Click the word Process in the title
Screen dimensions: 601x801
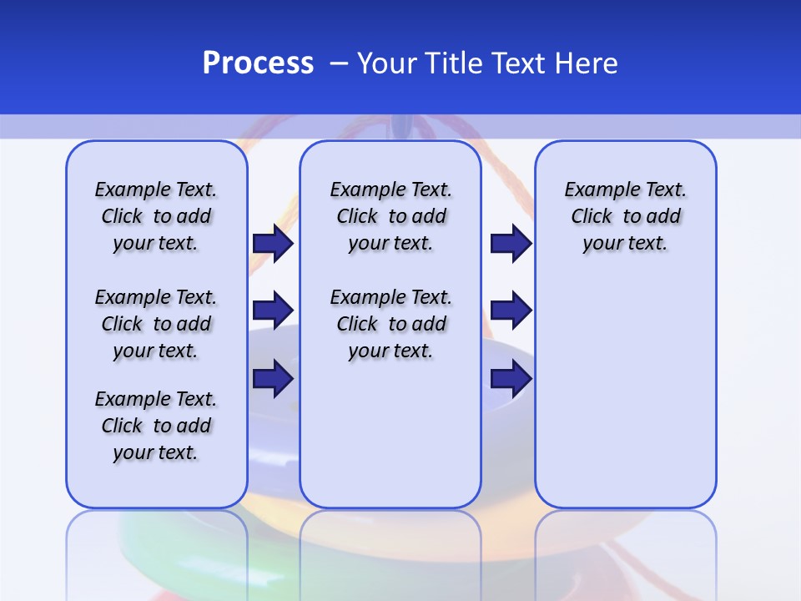[x=258, y=63]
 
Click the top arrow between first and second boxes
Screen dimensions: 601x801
[x=273, y=243]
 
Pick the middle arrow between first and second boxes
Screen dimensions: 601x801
[x=273, y=311]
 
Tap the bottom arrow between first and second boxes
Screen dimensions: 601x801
[x=273, y=378]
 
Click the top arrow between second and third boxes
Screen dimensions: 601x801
[x=511, y=243]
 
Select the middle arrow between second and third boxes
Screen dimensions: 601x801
[x=511, y=311]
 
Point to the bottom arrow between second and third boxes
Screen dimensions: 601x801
[x=511, y=378]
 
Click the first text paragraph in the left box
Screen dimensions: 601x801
[x=156, y=216]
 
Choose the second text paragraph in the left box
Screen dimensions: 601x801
[x=156, y=324]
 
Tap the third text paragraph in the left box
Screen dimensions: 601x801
[x=156, y=426]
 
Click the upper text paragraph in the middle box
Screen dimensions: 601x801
[x=390, y=216]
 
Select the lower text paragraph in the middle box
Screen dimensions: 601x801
[x=390, y=324]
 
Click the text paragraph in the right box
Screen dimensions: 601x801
[x=625, y=216]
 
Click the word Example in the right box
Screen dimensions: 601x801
[x=597, y=190]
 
